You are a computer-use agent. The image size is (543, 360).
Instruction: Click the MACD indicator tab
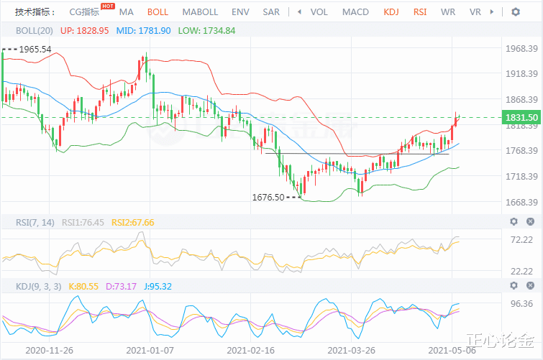[355, 12]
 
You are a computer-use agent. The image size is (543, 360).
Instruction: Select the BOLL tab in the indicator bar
[158, 12]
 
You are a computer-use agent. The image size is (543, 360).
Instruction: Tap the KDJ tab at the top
[391, 12]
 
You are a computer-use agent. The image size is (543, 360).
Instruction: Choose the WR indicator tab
[447, 12]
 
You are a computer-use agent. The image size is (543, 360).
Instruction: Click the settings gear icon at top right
[516, 12]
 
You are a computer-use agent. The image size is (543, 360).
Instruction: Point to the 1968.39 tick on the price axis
[523, 49]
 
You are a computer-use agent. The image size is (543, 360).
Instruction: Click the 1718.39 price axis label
[523, 176]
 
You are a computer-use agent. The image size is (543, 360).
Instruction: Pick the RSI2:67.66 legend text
[133, 222]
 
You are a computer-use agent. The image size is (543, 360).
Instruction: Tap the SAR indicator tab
[271, 12]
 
